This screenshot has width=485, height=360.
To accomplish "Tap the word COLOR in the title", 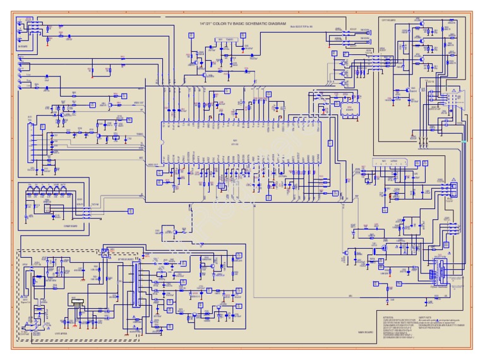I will [220, 23].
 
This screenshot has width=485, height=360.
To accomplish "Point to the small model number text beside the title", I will [302, 26].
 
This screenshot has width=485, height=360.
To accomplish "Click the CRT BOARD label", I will [387, 18].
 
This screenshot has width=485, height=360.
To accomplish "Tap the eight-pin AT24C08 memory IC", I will [349, 109].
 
